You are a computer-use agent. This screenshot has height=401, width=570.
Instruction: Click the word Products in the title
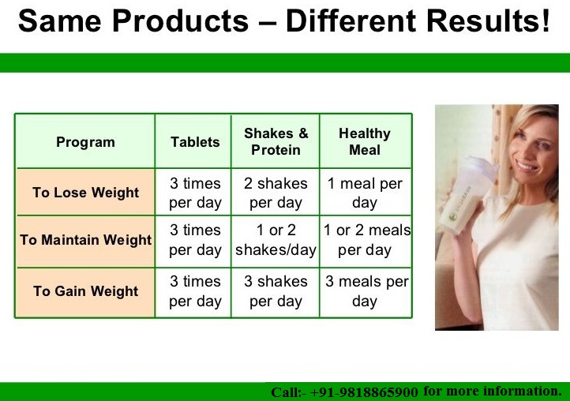(181, 21)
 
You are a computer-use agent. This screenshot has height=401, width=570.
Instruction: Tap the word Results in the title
(488, 21)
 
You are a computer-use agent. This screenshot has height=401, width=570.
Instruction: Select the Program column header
(85, 142)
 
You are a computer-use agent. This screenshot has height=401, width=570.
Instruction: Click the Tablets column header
(195, 142)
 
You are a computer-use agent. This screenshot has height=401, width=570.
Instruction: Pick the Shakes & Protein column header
(276, 141)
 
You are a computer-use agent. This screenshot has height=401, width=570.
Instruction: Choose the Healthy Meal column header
(365, 141)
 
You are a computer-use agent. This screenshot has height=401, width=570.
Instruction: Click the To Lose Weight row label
(86, 193)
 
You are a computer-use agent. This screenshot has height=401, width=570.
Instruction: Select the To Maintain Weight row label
(86, 240)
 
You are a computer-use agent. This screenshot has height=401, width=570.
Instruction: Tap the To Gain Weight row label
(86, 290)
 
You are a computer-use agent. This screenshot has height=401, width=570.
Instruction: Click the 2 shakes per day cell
(276, 193)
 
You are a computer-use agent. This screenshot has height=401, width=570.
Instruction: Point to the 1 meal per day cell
(365, 193)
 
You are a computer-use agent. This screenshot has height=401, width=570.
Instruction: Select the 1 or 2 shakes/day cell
(276, 240)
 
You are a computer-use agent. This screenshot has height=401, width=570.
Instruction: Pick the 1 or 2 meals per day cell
(366, 240)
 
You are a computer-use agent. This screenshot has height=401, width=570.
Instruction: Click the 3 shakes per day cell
(276, 291)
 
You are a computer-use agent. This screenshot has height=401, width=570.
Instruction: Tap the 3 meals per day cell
(366, 291)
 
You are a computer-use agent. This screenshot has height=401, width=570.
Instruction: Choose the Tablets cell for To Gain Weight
(195, 291)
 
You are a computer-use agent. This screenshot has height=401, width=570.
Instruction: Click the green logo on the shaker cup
(453, 216)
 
